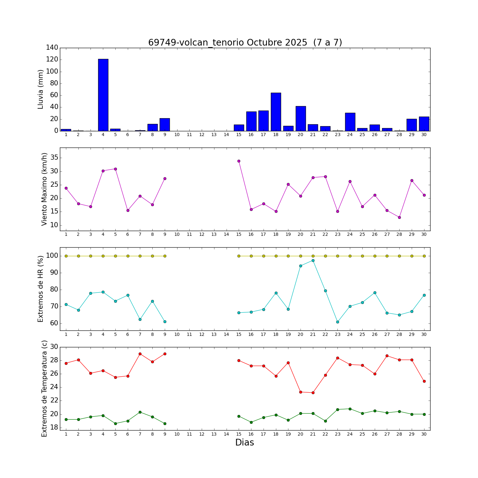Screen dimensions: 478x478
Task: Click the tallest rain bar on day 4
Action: [x=103, y=95]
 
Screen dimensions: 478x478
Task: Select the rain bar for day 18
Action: [x=276, y=112]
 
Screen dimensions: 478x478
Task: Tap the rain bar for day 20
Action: [x=301, y=119]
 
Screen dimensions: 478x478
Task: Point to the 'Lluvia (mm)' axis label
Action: [x=40, y=89]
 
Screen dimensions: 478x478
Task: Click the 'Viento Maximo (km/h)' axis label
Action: [x=44, y=189]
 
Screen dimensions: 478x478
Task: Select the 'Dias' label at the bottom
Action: [x=244, y=443]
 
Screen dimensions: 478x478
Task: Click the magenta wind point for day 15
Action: [x=239, y=161]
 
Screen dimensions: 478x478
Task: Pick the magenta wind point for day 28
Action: [x=399, y=217]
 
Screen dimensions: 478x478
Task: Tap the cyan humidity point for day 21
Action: [x=313, y=260]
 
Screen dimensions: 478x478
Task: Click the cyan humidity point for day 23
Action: [x=337, y=322]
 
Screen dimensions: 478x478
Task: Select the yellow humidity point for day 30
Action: [x=424, y=256]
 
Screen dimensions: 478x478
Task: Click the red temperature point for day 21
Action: [x=313, y=393]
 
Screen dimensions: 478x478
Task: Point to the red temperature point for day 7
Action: [x=140, y=354]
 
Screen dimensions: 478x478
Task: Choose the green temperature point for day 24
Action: [x=350, y=409]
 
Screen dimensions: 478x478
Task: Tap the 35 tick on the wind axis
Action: [x=54, y=158]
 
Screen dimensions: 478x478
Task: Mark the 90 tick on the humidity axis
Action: [x=54, y=273]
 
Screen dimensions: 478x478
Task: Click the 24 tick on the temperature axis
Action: [x=54, y=387]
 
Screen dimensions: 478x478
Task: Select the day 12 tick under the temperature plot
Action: [x=202, y=434]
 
